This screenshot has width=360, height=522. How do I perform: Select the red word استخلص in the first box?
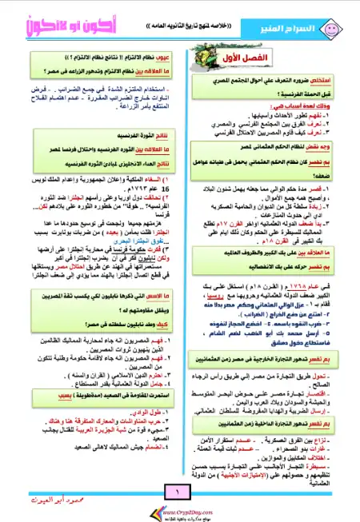[321, 82]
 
